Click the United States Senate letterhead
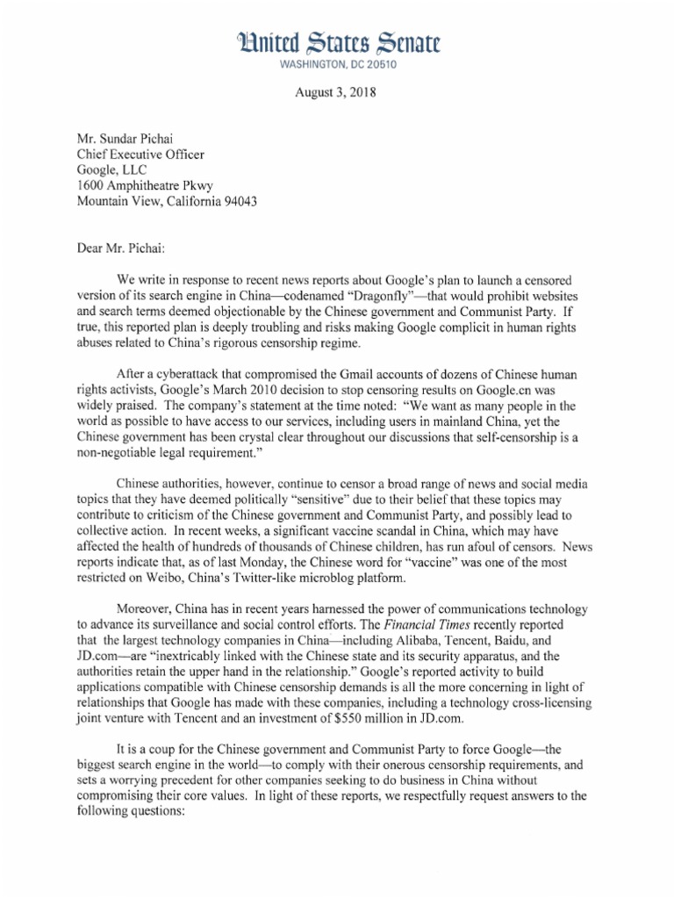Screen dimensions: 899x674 [x=336, y=40]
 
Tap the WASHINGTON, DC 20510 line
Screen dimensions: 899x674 [x=336, y=65]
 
